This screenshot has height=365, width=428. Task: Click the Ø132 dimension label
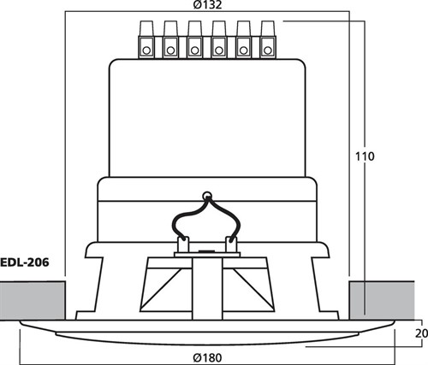207,5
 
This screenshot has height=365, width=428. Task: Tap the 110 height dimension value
365,156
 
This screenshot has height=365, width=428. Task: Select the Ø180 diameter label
207,357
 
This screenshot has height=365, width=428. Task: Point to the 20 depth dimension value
421,333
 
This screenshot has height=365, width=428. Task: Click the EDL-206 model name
25,262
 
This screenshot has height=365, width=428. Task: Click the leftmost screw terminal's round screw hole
146,50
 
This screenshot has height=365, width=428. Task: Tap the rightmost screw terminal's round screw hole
267,50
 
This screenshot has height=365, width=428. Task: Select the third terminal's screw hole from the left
195,50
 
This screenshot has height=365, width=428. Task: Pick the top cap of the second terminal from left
170,28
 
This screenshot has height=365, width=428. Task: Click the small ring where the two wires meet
207,196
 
